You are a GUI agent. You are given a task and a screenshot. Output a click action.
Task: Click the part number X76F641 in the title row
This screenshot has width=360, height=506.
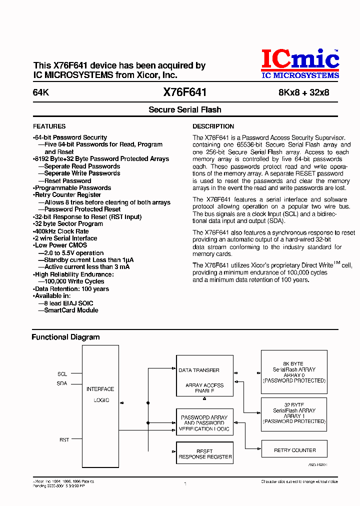(x=185, y=92)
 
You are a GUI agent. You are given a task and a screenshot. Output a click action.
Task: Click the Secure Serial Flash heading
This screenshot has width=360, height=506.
(x=185, y=110)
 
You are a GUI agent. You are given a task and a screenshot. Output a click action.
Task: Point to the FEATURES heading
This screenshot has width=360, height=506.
(x=49, y=126)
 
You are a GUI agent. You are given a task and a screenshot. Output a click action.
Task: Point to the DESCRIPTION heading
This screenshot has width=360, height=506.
(x=213, y=126)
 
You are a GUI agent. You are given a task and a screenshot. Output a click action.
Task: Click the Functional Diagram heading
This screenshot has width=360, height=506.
(x=65, y=337)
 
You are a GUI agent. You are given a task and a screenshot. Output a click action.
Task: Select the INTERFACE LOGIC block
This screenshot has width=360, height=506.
(x=100, y=394)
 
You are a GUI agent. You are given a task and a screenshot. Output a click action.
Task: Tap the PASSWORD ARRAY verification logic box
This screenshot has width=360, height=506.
(x=204, y=423)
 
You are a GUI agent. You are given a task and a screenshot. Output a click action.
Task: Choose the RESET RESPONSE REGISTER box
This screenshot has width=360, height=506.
(x=204, y=454)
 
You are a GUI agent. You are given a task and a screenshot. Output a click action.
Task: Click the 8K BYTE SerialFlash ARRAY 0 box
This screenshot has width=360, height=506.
(x=294, y=372)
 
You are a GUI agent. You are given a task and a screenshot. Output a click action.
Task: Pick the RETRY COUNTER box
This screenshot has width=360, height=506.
(x=294, y=450)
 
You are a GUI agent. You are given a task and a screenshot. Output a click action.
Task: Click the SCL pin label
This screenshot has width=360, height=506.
(x=62, y=374)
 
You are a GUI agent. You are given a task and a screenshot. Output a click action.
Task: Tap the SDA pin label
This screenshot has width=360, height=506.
(x=62, y=383)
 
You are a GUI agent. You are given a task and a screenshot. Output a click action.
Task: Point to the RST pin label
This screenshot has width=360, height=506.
(x=64, y=440)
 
